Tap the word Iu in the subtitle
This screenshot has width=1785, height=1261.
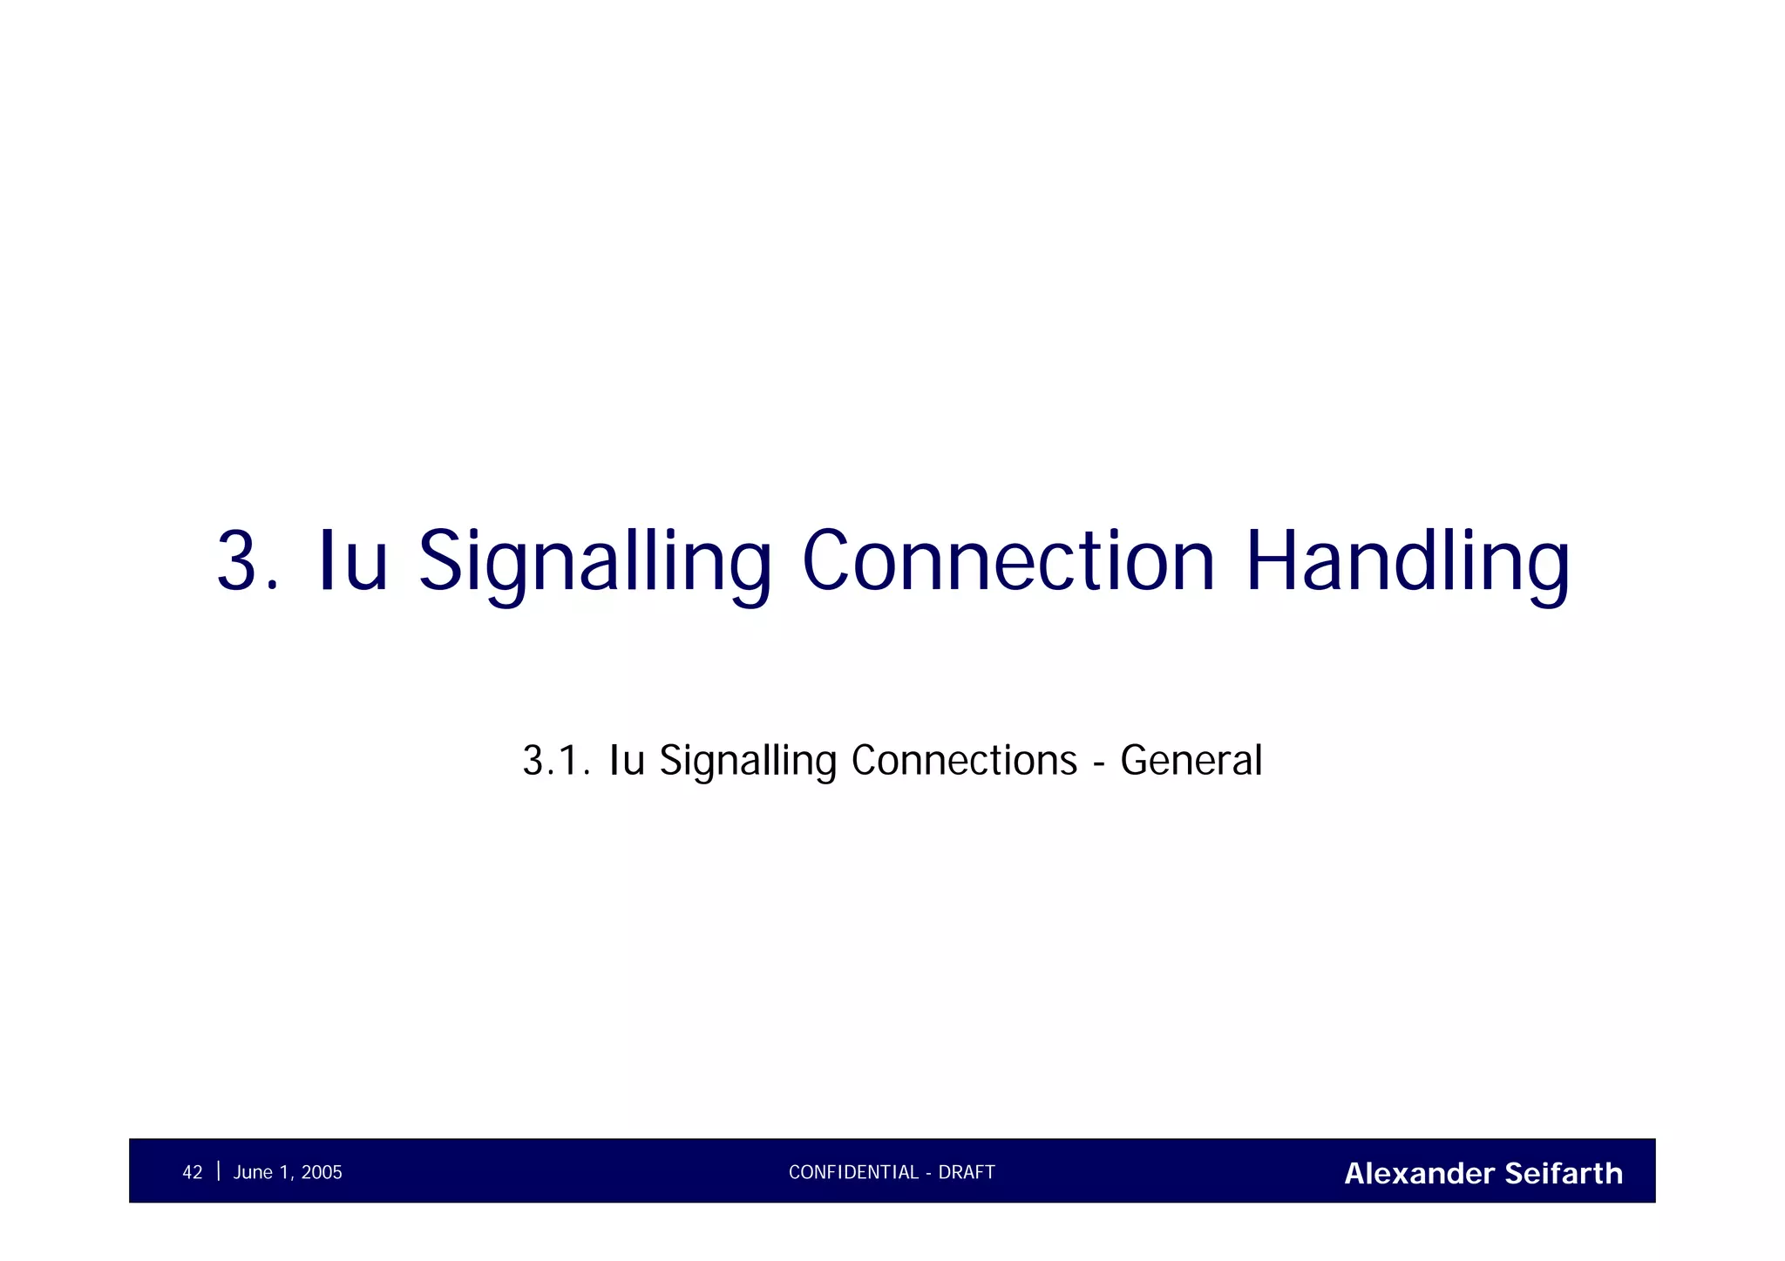(x=627, y=760)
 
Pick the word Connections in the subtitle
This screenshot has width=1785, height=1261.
(x=964, y=760)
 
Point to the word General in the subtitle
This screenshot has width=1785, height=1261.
(x=1191, y=760)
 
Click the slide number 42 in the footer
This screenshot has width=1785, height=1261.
(x=192, y=1173)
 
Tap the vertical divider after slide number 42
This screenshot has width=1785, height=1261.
(x=218, y=1171)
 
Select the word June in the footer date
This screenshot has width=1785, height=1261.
(x=253, y=1173)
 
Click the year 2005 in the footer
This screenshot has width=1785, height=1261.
(x=322, y=1173)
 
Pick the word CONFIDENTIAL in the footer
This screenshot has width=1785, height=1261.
(x=853, y=1173)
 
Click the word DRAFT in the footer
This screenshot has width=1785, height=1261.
(x=967, y=1173)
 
